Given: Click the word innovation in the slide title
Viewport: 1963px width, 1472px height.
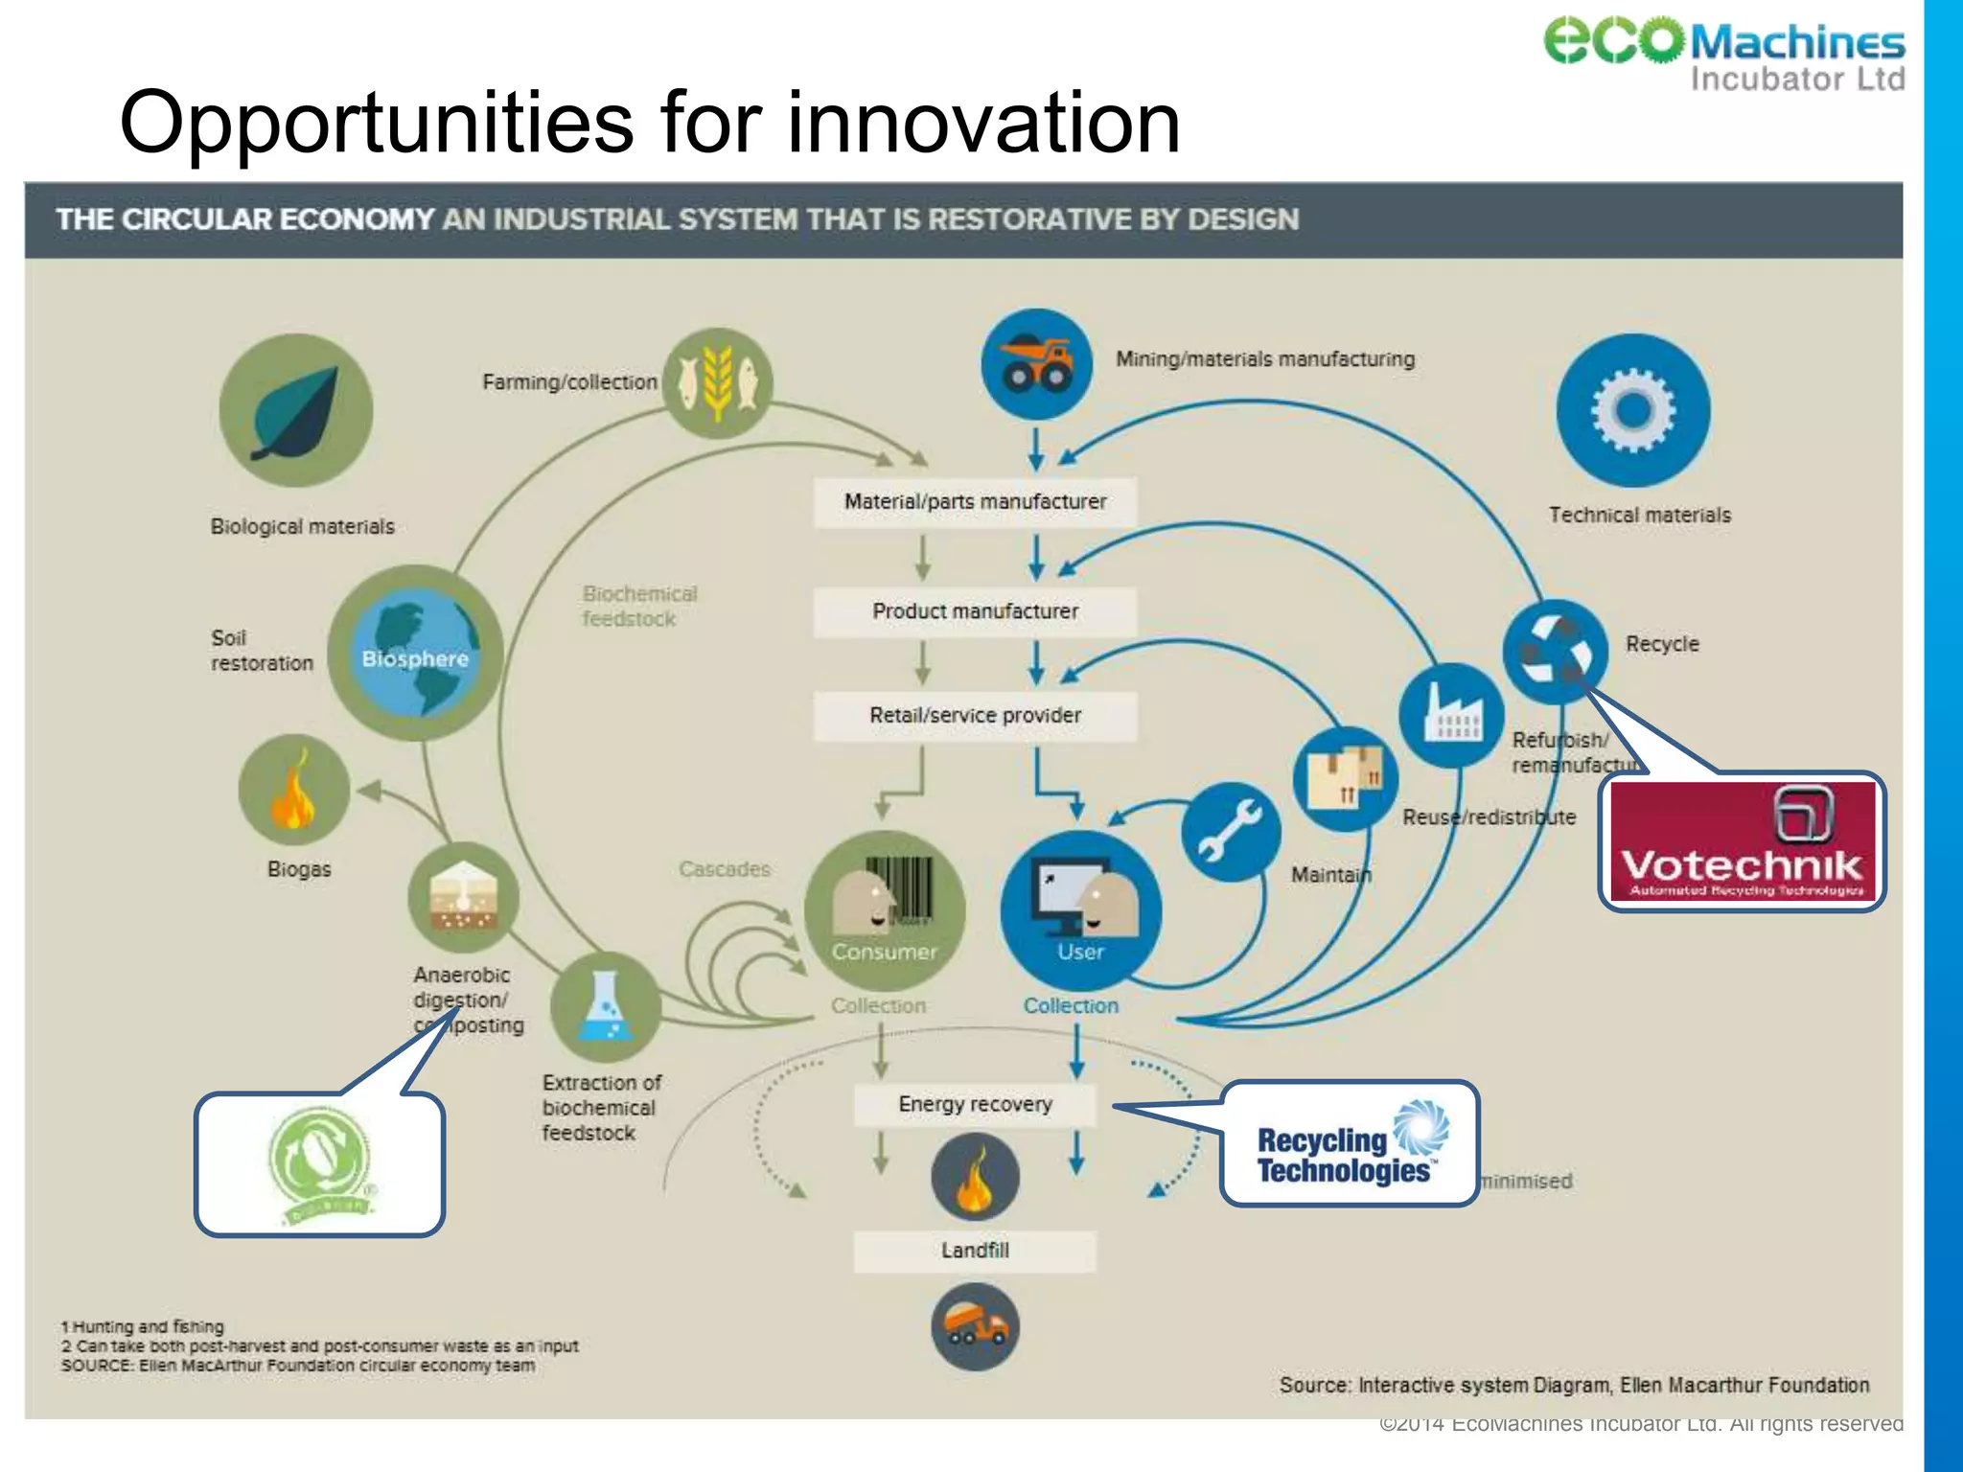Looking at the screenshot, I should point(983,123).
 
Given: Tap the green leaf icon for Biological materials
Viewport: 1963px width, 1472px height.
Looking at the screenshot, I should point(295,410).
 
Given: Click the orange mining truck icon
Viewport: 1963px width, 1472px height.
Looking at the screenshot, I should point(1036,364).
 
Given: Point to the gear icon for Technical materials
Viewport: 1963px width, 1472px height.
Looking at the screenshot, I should point(1633,410).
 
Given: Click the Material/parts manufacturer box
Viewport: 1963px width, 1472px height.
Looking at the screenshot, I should point(975,501).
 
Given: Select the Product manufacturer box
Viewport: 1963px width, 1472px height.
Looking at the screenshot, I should point(975,611).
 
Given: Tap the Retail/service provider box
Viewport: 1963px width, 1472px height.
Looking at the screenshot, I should point(975,716).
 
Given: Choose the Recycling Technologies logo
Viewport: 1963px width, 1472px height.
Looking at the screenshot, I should point(1350,1143).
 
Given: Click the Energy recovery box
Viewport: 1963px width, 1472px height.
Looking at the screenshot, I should point(975,1104).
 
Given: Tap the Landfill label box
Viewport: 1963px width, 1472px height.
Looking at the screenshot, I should point(975,1251).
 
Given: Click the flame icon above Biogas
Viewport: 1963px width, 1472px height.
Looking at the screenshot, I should point(293,790).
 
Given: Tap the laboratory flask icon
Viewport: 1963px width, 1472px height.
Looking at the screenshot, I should point(605,1007).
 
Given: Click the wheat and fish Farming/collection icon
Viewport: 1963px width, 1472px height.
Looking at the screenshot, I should point(718,383).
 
